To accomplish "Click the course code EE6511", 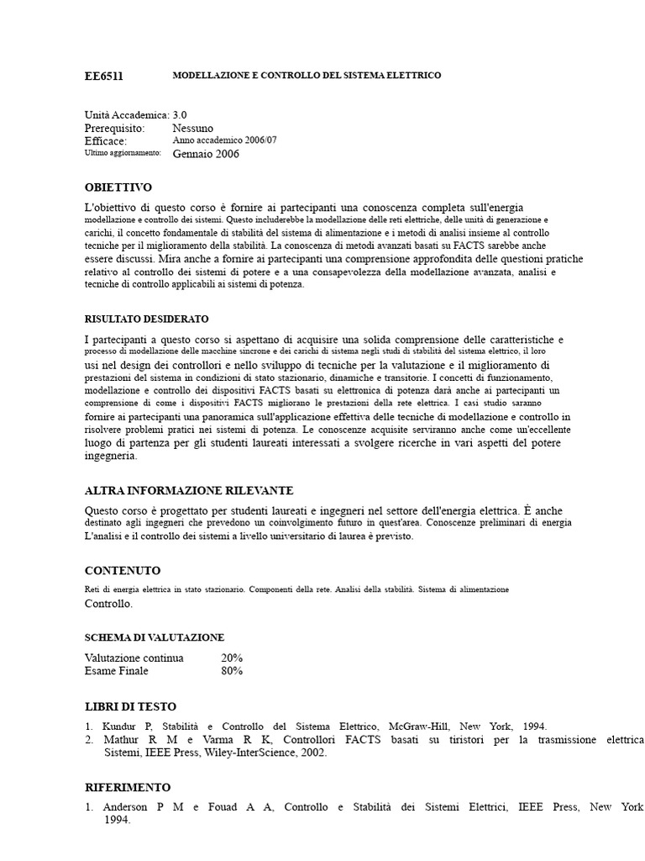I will click(x=103, y=76).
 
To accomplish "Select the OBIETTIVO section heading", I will click(x=118, y=187).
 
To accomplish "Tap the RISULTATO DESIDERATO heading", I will click(x=147, y=320).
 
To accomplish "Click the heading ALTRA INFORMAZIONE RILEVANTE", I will click(x=189, y=490).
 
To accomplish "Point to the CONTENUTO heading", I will click(x=123, y=570).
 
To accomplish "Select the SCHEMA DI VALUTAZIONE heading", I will click(x=155, y=637).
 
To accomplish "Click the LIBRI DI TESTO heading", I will click(x=131, y=706).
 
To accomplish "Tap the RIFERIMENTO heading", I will click(x=128, y=787).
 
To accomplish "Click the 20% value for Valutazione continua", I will click(x=232, y=658).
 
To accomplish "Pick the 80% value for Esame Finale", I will click(x=232, y=671).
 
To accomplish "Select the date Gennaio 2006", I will click(x=206, y=155).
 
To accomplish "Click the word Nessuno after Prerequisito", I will click(x=193, y=128).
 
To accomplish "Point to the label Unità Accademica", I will click(x=126, y=114).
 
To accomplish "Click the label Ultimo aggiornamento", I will click(x=123, y=154).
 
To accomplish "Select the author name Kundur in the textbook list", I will click(x=118, y=726).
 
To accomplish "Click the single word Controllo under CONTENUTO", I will click(x=107, y=604).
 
